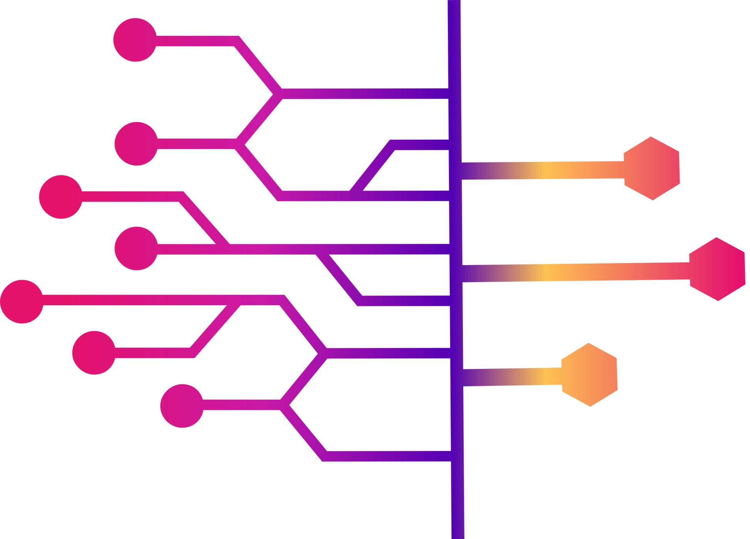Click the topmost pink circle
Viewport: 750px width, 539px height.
(x=135, y=40)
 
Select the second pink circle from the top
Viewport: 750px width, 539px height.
(x=136, y=144)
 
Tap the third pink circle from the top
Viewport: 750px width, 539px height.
(x=61, y=197)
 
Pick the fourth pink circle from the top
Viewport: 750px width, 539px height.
(x=136, y=248)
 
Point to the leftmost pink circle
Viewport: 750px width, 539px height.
(x=22, y=301)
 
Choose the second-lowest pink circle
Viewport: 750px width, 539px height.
(x=94, y=352)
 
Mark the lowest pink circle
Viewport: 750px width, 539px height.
(x=182, y=406)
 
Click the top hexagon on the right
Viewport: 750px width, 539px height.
(x=651, y=168)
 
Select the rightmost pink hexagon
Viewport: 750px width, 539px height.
(x=717, y=269)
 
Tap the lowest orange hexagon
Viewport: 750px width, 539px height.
(x=589, y=375)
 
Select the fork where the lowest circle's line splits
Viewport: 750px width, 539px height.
(x=284, y=405)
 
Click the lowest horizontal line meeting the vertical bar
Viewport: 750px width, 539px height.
(x=385, y=456)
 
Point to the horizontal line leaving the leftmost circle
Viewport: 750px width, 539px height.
(x=135, y=300)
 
